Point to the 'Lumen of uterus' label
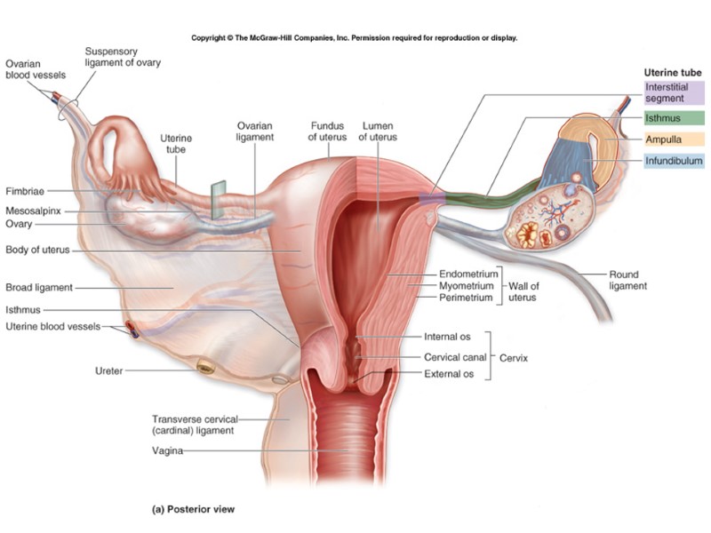pos(380,131)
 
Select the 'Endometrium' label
pos(468,274)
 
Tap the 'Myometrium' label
pos(467,286)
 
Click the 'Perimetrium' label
pos(467,298)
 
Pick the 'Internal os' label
pos(447,338)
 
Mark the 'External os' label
pos(449,374)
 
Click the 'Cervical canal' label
pos(455,356)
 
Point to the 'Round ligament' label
pos(627,281)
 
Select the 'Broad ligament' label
pos(39,288)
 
